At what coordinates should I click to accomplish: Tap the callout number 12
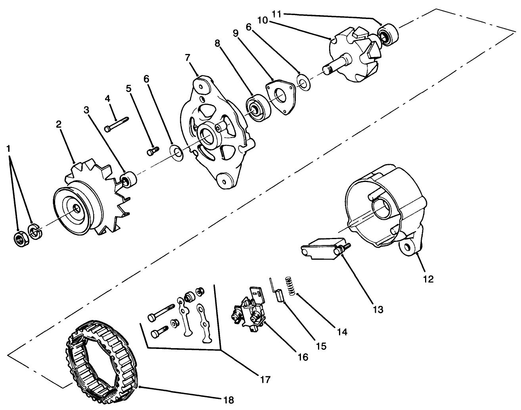click(x=428, y=279)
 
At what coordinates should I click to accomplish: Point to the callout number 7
click(x=188, y=57)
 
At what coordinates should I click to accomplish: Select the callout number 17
click(x=265, y=379)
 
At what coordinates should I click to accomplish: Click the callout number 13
click(x=378, y=309)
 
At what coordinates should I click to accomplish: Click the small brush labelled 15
click(x=280, y=296)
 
